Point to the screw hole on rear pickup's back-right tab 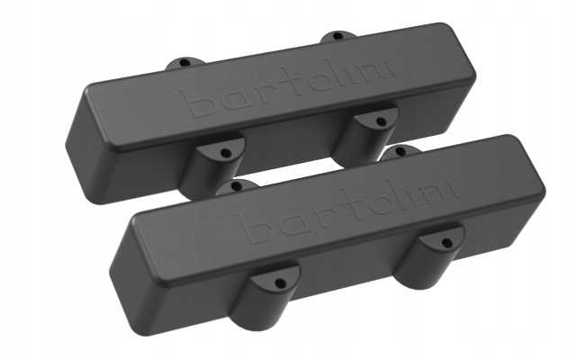click(x=336, y=37)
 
